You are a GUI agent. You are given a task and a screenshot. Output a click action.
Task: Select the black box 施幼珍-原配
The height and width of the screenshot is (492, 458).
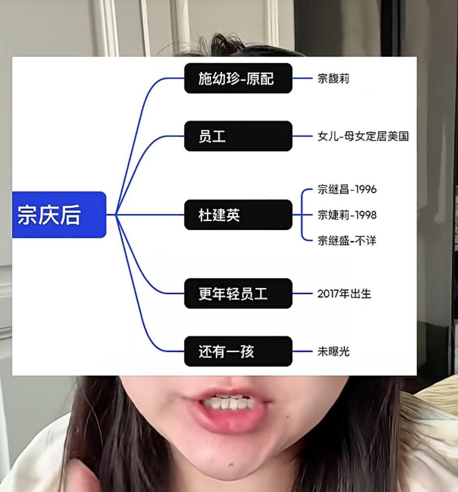pyautogui.click(x=238, y=78)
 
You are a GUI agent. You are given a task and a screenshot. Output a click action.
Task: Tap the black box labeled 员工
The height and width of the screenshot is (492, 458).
pyautogui.click(x=238, y=136)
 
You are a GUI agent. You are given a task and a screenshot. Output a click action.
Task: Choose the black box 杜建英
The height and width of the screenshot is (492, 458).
pyautogui.click(x=238, y=215)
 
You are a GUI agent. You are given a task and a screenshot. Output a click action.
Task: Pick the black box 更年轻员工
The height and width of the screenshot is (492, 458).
pyautogui.click(x=238, y=294)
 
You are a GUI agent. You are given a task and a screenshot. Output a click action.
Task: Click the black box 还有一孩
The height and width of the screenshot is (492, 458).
pyautogui.click(x=238, y=351)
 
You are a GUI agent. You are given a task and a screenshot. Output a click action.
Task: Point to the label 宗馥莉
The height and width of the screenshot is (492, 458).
pyautogui.click(x=333, y=79)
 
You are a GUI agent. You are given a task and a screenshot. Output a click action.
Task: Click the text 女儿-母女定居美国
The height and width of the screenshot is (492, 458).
pyautogui.click(x=363, y=136)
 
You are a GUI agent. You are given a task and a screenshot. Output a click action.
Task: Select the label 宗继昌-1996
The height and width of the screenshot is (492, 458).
pyautogui.click(x=347, y=189)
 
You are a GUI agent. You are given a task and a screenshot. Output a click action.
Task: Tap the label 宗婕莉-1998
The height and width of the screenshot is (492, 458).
pyautogui.click(x=347, y=215)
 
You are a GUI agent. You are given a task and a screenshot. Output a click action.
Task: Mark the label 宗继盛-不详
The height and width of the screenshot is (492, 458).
pyautogui.click(x=347, y=241)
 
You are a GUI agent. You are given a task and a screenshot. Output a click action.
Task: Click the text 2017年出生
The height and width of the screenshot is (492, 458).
pyautogui.click(x=344, y=294)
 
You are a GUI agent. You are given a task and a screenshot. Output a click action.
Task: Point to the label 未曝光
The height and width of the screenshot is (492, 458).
pyautogui.click(x=333, y=352)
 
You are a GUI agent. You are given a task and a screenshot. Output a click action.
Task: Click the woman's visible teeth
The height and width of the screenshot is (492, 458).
pyautogui.click(x=230, y=403)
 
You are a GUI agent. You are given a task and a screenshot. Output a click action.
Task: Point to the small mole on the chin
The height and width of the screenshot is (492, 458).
pyautogui.click(x=232, y=464)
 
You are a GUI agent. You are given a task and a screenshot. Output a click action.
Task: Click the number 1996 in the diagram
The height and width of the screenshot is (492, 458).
pyautogui.click(x=366, y=189)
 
